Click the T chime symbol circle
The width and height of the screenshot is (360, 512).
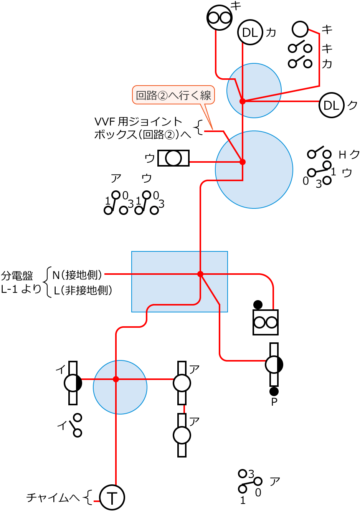coord(112,497)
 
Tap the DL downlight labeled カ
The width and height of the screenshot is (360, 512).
coord(250,33)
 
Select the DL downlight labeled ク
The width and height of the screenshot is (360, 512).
coord(331,105)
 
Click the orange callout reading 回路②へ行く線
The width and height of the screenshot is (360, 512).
coord(173,95)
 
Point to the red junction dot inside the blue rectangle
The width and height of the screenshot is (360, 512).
coord(200,274)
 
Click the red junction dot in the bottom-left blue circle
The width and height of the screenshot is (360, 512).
coord(116,379)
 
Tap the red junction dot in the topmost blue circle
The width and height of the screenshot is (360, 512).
coord(243,101)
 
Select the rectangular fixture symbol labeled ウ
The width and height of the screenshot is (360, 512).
coord(173,158)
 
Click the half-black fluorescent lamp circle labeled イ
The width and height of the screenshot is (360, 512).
coord(73,383)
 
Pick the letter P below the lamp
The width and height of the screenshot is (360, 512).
coord(274,402)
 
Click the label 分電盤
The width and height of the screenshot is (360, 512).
coord(17,276)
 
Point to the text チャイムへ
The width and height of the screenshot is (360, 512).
coord(53,498)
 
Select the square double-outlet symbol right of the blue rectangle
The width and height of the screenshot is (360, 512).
coord(266,322)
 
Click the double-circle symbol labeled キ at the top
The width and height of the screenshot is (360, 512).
coord(220,17)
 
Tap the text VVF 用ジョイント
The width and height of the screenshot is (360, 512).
coord(138,122)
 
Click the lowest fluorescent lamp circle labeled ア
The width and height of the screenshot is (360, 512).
coord(182,435)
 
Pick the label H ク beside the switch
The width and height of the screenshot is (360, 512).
coord(348,155)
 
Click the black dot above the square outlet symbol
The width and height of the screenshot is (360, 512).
coord(258,305)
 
